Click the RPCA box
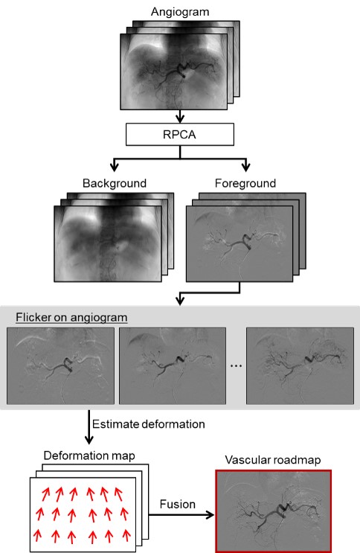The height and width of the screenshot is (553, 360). pos(180,135)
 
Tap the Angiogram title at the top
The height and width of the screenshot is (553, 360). pos(180,12)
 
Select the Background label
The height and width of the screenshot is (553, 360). pos(115,183)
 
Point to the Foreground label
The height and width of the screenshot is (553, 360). pos(245,183)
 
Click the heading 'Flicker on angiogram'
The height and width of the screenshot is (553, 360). pos(71,317)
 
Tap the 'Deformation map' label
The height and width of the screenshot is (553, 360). pos(89,455)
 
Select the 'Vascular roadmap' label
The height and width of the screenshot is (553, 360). pos(273,460)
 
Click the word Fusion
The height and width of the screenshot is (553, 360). pos(177,505)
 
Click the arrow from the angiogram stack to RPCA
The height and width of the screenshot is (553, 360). pos(180,116)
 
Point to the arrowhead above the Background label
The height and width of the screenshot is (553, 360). pos(115,165)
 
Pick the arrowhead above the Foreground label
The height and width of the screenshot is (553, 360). pos(245,165)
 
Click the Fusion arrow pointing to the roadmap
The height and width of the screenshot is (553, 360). pos(181,515)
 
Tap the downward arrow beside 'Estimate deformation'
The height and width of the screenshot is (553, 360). pos(89,426)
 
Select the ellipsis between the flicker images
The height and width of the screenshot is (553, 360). pos(236,366)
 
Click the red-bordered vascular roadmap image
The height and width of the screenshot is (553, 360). pos(274,511)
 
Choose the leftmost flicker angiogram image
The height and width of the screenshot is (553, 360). pos(61,365)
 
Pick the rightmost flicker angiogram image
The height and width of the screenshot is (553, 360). pos(300,365)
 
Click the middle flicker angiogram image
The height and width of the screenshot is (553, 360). pos(173,365)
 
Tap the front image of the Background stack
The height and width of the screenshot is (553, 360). pos(108,243)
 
